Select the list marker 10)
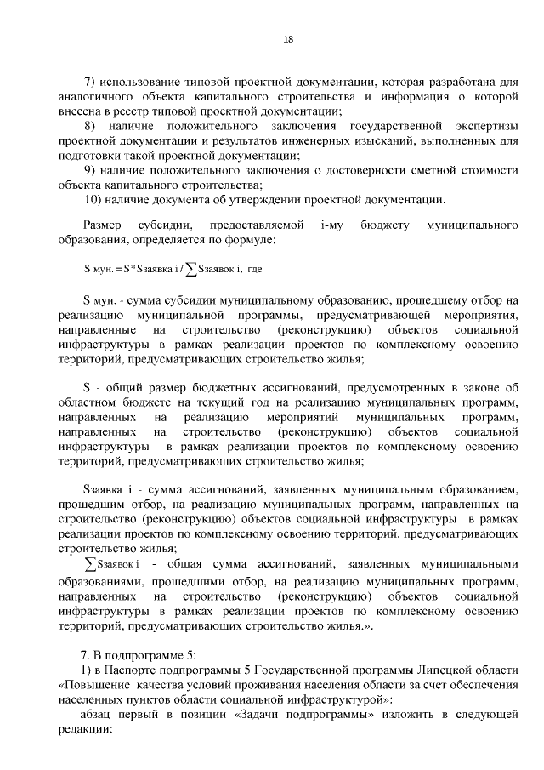(x=94, y=199)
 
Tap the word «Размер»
(x=103, y=225)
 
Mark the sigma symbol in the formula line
(x=192, y=270)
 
